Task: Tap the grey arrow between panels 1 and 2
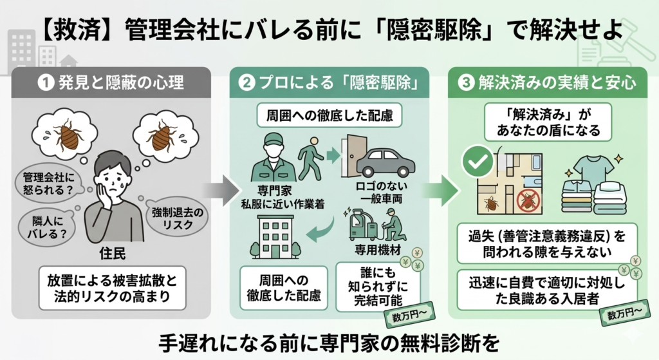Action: click(216, 191)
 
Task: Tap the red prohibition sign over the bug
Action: click(530, 202)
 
